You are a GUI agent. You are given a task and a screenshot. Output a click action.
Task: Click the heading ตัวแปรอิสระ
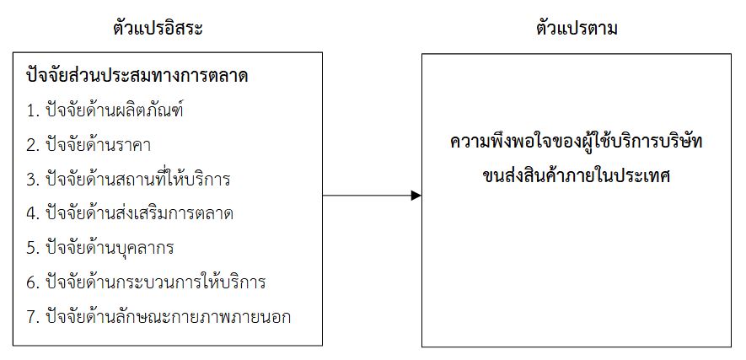[158, 29]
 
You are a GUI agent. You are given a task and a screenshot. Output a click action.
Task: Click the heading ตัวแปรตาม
[577, 29]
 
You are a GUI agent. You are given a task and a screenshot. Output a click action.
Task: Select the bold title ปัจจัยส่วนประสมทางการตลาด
[137, 76]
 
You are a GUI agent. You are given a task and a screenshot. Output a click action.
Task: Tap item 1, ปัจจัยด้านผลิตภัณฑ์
[105, 110]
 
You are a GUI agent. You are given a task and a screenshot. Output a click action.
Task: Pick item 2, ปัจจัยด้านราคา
[89, 145]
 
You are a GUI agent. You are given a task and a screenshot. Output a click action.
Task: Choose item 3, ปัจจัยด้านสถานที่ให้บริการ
[128, 180]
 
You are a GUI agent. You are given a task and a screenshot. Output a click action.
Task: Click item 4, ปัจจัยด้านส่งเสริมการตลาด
[130, 213]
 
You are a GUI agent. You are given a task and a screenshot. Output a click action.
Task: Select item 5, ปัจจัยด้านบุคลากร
[100, 248]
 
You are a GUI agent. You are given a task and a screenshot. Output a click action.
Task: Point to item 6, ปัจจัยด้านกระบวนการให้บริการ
[146, 282]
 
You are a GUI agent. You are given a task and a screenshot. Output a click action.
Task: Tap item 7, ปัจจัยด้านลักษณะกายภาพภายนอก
[158, 317]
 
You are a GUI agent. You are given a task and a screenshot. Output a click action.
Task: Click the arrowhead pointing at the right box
[416, 196]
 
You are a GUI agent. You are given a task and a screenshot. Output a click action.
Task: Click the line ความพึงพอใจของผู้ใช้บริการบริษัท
[577, 142]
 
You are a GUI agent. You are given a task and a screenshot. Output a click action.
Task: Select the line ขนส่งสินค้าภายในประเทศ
[577, 176]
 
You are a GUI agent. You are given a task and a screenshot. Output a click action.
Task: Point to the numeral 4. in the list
[33, 214]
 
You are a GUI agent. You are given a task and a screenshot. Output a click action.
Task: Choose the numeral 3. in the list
[33, 180]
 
